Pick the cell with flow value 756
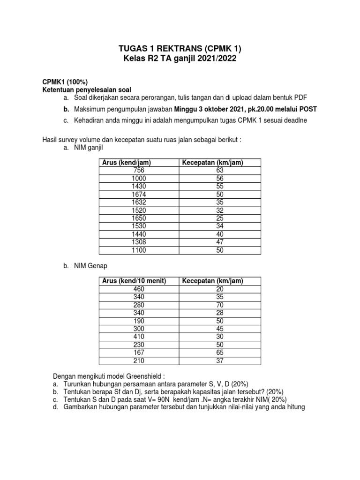(139, 171)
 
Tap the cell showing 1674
(139, 194)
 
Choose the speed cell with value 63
(220, 171)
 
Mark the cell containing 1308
(139, 243)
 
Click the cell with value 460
(139, 289)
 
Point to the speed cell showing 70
(220, 305)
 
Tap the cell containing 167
(139, 353)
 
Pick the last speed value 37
(220, 361)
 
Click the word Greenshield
(145, 376)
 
